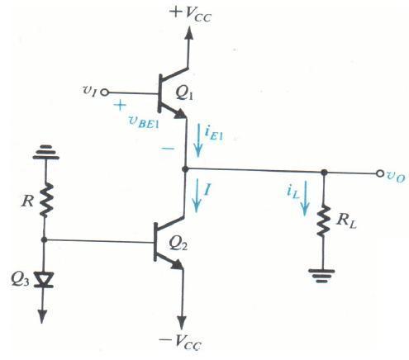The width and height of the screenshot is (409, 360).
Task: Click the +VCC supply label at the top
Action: [x=191, y=14]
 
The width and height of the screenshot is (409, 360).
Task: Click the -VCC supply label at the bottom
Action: [x=180, y=342]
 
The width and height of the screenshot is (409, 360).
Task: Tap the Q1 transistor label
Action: [x=184, y=94]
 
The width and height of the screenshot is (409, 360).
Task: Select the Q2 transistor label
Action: [x=178, y=243]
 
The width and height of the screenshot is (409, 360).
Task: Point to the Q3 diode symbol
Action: [x=43, y=280]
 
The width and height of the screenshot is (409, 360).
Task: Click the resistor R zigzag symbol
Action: [x=46, y=200]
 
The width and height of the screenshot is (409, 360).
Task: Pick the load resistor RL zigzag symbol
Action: [x=324, y=220]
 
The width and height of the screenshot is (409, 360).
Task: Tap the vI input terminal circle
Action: [x=105, y=92]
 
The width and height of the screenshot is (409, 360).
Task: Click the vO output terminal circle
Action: [x=380, y=173]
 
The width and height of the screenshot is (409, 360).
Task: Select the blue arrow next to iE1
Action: [x=198, y=141]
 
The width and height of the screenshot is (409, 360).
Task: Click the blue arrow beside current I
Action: [x=197, y=196]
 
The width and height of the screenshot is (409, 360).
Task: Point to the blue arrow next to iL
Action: [x=305, y=198]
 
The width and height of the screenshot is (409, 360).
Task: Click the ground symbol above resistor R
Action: [x=45, y=152]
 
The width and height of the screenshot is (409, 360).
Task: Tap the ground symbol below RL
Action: [x=321, y=276]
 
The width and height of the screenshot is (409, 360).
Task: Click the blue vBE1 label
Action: [x=144, y=123]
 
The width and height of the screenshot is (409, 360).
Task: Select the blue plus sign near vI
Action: [x=120, y=105]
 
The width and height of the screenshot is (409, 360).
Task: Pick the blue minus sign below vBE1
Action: [x=168, y=149]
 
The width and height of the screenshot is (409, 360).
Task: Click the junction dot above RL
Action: [x=325, y=173]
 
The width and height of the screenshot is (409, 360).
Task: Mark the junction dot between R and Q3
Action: [x=44, y=239]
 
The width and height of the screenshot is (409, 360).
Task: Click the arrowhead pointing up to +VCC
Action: [x=189, y=33]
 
